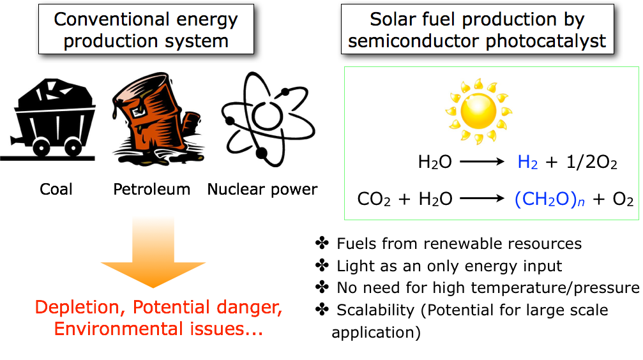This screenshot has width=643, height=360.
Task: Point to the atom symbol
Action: tap(268, 119)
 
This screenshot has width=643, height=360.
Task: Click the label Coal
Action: tap(56, 190)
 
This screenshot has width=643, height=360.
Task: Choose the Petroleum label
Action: tap(152, 190)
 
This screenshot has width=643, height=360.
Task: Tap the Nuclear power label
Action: tap(262, 190)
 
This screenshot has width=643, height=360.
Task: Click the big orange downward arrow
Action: tap(153, 252)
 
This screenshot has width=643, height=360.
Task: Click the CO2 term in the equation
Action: tap(374, 199)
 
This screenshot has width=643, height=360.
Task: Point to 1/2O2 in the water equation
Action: tap(592, 162)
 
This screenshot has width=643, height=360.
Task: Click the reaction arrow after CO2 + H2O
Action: tap(482, 199)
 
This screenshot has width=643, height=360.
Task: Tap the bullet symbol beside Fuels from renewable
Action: tap(322, 243)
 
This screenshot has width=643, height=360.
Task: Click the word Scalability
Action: tap(375, 310)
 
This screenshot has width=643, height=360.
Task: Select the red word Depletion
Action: tap(80, 308)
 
